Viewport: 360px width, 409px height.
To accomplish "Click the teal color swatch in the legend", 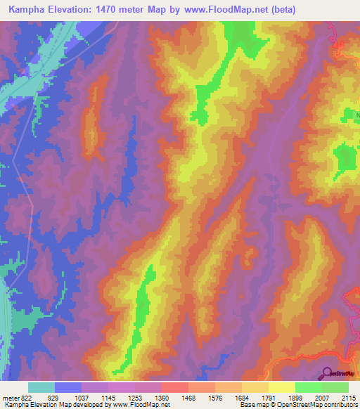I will [x=41, y=387].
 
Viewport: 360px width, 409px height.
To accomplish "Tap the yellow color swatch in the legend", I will [x=281, y=387].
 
